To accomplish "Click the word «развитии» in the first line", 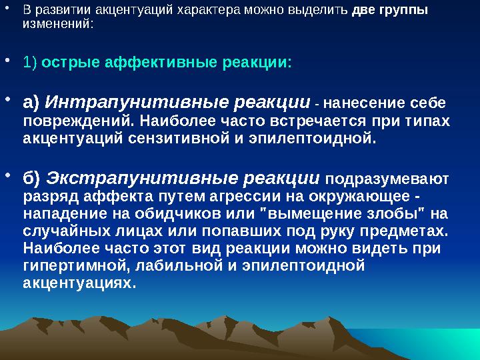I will [x=61, y=11].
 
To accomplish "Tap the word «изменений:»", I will [x=57, y=24].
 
